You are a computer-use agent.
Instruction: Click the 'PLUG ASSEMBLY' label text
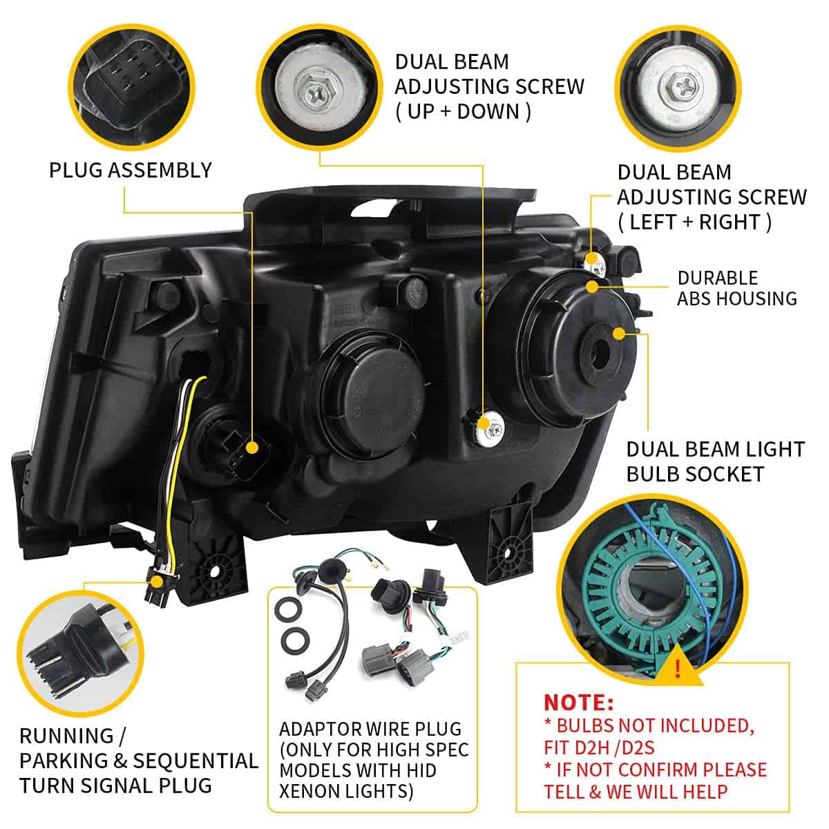pos(130,170)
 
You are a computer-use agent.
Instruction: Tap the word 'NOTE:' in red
pos(578,703)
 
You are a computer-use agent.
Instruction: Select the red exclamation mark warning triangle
pos(678,668)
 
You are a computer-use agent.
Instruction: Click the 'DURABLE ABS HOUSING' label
pos(736,288)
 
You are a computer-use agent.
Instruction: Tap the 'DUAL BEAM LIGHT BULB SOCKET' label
pos(715,461)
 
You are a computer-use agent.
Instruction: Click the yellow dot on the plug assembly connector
pos(251,448)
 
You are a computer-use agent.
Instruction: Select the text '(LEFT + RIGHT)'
pos(694,222)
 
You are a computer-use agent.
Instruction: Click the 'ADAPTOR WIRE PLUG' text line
pos(370,729)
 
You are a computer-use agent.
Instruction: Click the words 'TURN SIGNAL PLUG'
pos(115,785)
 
